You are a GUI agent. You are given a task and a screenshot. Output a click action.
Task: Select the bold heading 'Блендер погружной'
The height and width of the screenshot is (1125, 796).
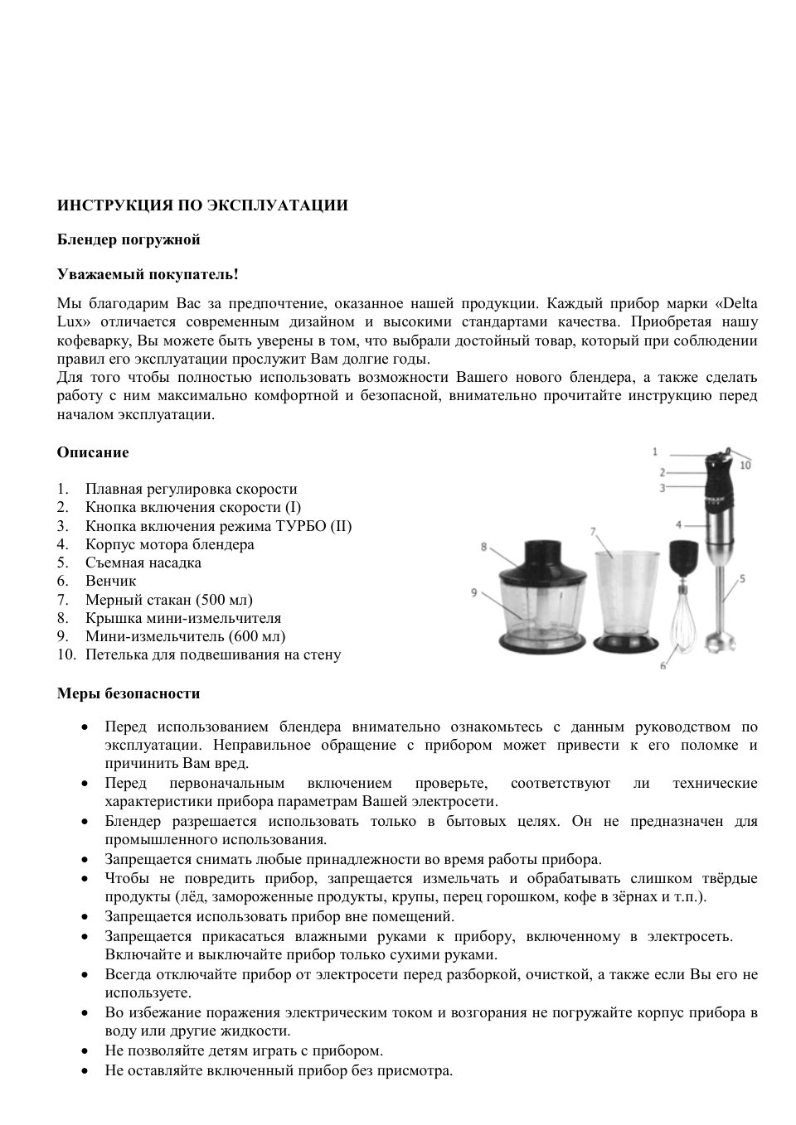click(129, 239)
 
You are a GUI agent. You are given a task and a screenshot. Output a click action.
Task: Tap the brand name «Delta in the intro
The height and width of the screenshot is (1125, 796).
click(735, 303)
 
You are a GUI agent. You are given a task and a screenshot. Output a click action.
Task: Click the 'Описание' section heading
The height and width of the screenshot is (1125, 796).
click(93, 452)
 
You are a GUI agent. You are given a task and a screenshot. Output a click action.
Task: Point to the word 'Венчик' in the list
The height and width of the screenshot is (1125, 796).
click(110, 581)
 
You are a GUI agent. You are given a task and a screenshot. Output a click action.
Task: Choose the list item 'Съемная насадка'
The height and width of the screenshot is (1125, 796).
click(143, 562)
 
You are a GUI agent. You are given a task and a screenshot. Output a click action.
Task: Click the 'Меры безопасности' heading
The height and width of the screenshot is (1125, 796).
click(129, 693)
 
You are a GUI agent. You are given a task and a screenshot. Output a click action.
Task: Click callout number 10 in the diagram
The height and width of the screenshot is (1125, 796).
click(745, 466)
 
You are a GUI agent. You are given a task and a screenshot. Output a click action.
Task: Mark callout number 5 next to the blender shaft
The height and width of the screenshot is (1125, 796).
click(742, 578)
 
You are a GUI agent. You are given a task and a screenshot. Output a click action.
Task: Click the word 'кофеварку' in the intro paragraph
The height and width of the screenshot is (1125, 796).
click(93, 340)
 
